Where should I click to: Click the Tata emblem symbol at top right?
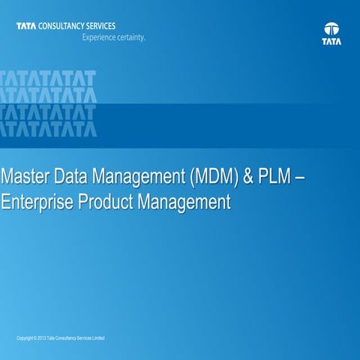[x=332, y=28]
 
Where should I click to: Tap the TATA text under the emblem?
[x=332, y=42]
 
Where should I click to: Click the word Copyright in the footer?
[x=25, y=339]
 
